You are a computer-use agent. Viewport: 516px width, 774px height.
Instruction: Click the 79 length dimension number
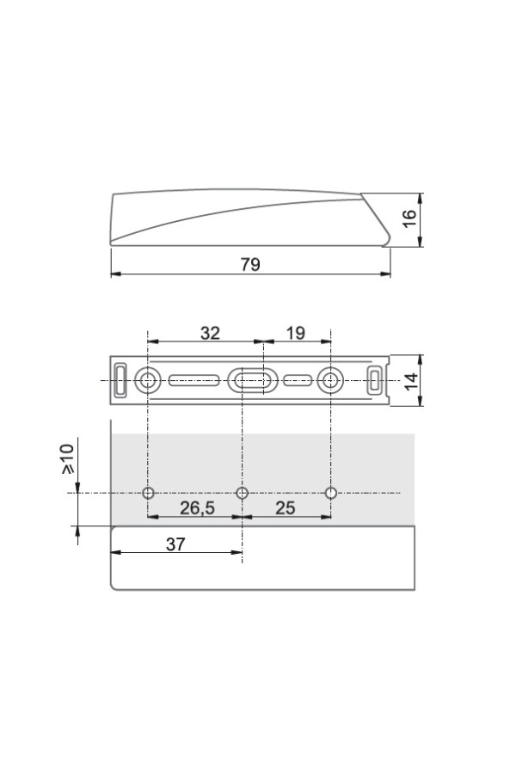tap(250, 265)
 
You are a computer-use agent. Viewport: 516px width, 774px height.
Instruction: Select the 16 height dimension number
tap(410, 218)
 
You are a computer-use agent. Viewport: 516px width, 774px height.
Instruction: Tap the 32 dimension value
tap(210, 333)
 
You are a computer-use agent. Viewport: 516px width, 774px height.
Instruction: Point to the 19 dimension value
tap(296, 333)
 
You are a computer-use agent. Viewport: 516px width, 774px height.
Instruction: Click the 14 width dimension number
tap(411, 381)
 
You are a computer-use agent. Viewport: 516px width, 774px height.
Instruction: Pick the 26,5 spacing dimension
tap(197, 508)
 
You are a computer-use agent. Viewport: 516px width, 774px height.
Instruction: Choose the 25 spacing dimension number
tap(285, 508)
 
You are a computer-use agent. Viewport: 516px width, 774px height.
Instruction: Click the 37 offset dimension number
tap(175, 544)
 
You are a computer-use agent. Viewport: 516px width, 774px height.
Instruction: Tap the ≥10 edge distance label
tap(68, 459)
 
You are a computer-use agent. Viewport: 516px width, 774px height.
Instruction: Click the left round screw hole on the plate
tap(147, 381)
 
